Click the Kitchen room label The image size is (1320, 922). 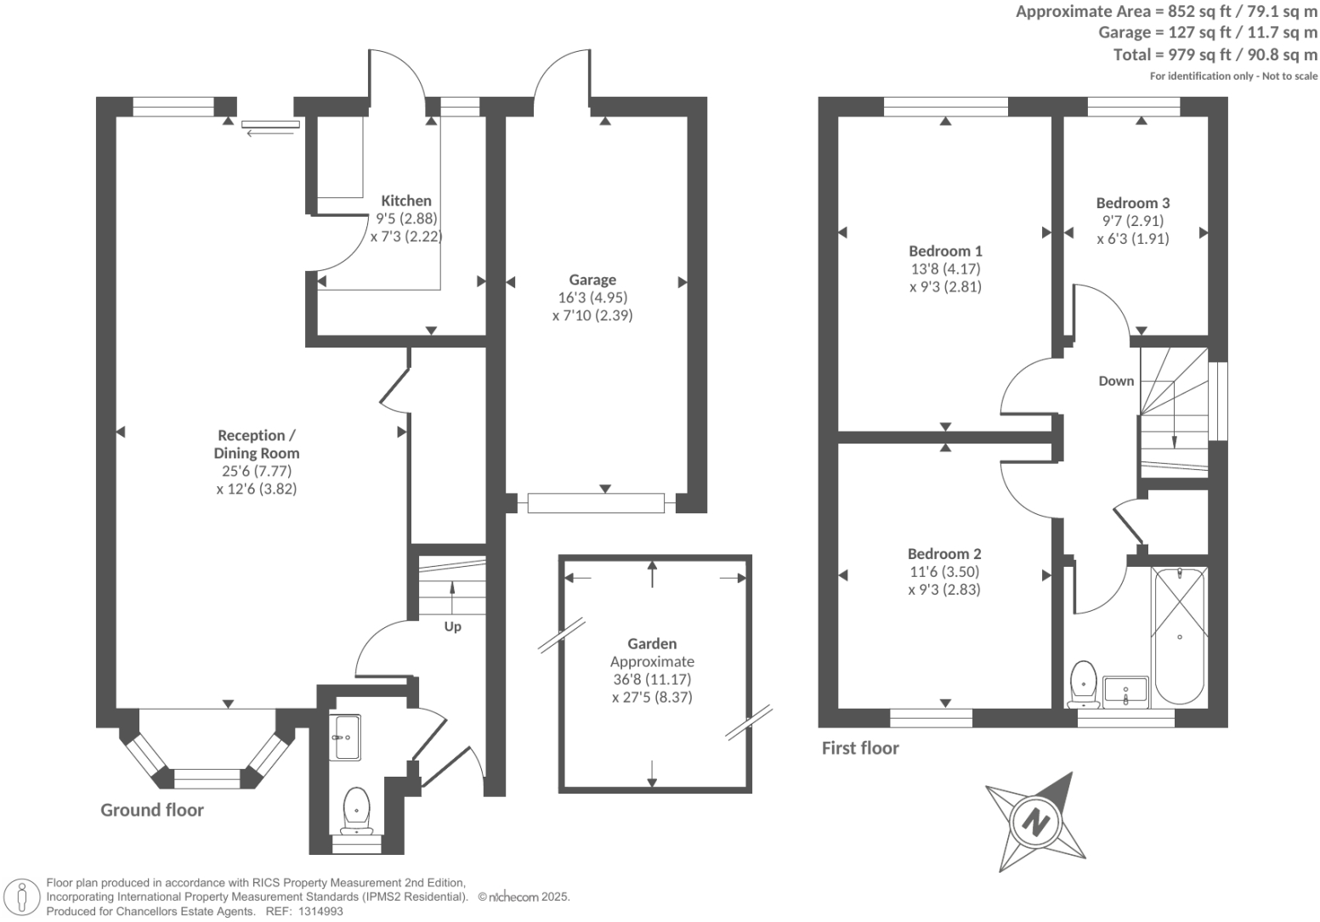coord(405,201)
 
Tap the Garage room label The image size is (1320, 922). coord(592,280)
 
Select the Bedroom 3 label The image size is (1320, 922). coord(1132,202)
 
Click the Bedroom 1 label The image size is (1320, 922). coord(945,251)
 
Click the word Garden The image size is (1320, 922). coord(652,644)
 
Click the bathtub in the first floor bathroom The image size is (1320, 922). coord(1179,636)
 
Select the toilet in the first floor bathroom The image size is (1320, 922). coord(1083,683)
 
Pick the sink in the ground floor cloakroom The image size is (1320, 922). coord(347,737)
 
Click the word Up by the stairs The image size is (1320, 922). coord(452,626)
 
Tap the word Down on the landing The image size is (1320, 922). coord(1116,381)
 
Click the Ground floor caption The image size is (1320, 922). coord(152,810)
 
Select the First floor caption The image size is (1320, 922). coord(859,748)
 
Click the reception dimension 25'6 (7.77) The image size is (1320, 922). coord(257,471)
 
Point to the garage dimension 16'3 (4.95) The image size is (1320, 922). coord(592,297)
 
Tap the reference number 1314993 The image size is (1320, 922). coord(318,911)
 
